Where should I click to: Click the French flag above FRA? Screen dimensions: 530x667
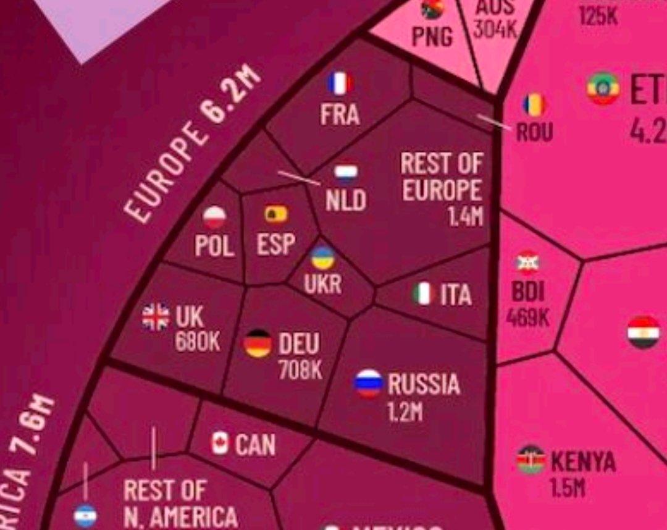[340, 83]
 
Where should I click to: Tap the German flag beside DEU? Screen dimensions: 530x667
[258, 343]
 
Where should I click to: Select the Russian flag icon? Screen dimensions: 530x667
[369, 383]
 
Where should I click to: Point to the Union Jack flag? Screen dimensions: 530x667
[156, 317]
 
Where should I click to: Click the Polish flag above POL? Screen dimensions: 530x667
[215, 217]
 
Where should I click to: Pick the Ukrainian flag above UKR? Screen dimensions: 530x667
[322, 258]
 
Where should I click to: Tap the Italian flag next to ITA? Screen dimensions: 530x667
[424, 294]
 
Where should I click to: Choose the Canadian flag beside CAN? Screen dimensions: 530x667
[220, 444]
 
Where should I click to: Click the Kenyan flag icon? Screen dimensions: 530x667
[531, 460]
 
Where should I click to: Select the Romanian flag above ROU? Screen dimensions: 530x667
[535, 105]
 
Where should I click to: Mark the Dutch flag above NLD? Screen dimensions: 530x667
[346, 174]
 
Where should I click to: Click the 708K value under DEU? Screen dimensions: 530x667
[300, 369]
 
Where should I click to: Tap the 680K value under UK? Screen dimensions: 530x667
[197, 342]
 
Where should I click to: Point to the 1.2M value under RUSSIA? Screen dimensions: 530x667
[405, 411]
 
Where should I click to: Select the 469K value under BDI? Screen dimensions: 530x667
[527, 318]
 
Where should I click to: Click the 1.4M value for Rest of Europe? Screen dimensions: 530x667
[466, 216]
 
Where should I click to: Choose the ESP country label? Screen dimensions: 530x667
[275, 244]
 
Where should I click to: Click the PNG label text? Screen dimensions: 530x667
[432, 36]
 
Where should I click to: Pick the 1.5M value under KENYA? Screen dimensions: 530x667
[567, 488]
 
